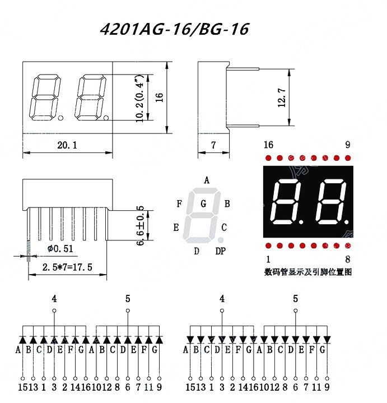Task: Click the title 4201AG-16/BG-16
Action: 174,29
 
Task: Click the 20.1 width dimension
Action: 67,145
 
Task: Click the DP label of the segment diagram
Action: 221,251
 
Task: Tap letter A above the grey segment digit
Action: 206,180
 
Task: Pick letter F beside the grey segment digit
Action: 179,203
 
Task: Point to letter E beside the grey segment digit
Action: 176,228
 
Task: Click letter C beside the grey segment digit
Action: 224,228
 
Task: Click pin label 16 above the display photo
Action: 268,145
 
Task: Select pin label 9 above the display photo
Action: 347,145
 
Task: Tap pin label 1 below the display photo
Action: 268,259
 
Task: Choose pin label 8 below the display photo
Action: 348,259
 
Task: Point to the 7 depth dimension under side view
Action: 213,145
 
